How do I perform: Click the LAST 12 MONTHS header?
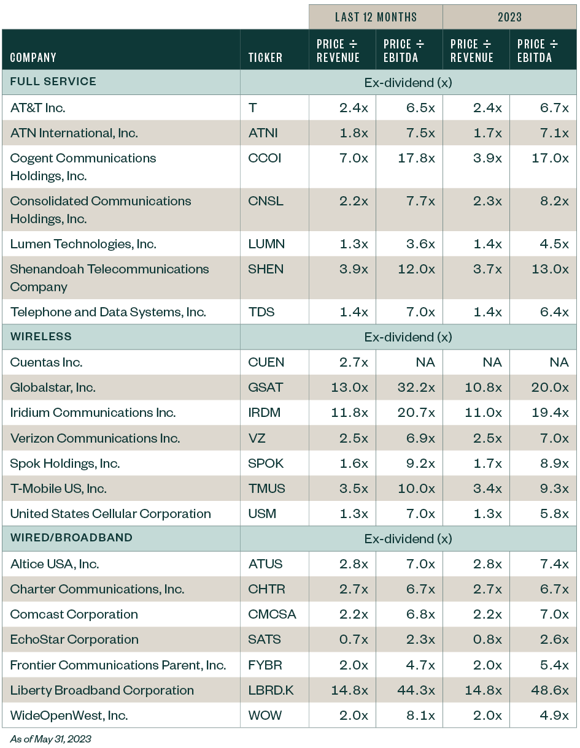[376, 17]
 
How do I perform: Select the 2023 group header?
[509, 17]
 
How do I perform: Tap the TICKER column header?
[265, 58]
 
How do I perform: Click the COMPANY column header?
[33, 58]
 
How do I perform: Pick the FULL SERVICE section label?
[53, 82]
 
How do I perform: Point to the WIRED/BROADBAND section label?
[71, 538]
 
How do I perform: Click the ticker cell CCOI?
[265, 158]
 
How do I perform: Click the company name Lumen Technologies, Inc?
[83, 244]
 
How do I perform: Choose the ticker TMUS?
[266, 489]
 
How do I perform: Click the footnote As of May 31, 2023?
[50, 739]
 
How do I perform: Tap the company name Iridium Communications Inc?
[93, 413]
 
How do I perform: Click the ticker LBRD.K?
[271, 690]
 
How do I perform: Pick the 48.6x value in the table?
[549, 690]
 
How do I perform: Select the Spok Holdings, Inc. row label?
[65, 464]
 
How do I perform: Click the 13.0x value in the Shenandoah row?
[549, 269]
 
